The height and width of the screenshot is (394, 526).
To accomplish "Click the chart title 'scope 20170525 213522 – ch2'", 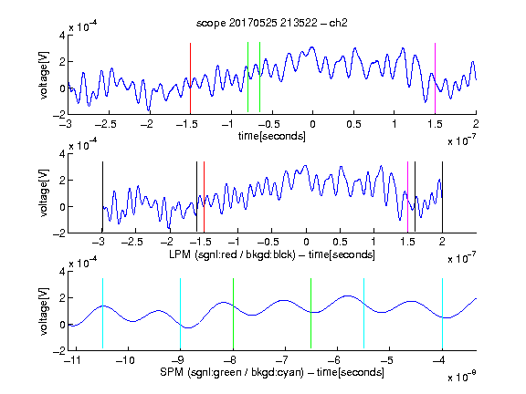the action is (272, 23).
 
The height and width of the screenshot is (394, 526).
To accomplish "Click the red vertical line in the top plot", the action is (190, 78).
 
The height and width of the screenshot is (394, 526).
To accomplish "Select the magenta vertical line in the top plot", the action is (435, 78).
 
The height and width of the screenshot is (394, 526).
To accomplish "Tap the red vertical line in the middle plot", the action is (204, 197).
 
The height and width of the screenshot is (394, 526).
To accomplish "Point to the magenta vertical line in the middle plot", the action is (407, 197).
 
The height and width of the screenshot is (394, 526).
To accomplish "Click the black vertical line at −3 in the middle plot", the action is (102, 197).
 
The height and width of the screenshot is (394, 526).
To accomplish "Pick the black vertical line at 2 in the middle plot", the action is (443, 197).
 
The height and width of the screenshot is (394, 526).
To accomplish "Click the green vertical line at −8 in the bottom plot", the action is (233, 313).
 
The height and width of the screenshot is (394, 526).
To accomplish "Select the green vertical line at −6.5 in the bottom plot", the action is (311, 313).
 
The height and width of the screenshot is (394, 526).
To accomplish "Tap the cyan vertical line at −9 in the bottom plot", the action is (181, 313).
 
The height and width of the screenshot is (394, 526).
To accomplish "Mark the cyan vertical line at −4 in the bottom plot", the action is (443, 313).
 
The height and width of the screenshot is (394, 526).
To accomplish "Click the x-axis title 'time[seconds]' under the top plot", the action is (272, 136).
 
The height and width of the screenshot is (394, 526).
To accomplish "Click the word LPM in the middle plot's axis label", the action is (180, 254).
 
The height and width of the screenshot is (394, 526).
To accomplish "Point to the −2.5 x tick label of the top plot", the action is (105, 124).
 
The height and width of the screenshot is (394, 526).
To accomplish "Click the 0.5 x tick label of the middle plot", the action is (340, 242).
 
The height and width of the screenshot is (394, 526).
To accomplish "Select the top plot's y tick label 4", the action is (62, 36).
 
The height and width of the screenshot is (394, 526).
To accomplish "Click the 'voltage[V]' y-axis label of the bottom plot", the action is (44, 311).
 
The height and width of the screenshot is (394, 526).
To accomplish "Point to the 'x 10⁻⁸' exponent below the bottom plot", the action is (462, 377).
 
